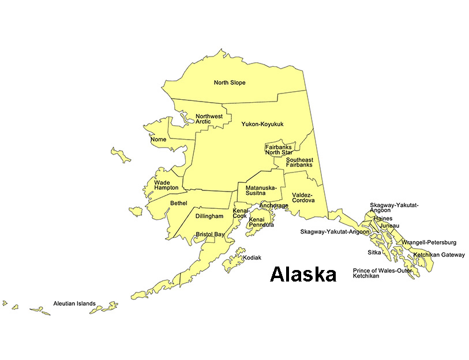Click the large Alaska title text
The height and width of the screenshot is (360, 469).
tap(303, 274)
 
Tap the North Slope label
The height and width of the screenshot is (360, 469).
tap(230, 82)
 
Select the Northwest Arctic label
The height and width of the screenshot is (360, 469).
tap(209, 119)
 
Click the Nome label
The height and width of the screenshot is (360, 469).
tap(158, 140)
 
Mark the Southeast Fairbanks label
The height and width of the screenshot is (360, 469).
tap(299, 162)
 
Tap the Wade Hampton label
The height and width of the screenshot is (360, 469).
tap(166, 185)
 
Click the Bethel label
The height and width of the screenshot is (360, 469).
tap(179, 203)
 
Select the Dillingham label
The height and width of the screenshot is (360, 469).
tap(209, 216)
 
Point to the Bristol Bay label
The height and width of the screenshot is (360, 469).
tap(210, 234)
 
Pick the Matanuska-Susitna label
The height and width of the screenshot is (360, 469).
tap(261, 191)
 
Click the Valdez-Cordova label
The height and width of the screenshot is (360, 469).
tap(303, 198)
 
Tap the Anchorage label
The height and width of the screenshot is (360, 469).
tap(273, 206)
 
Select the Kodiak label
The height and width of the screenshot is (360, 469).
tap(253, 257)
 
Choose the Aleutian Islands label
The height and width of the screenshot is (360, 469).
tap(74, 303)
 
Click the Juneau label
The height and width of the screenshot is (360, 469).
tap(389, 226)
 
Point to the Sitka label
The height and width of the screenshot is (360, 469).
tap(374, 252)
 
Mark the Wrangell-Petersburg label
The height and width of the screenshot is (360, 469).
tap(429, 242)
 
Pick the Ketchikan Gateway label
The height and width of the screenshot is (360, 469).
tap(438, 255)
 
